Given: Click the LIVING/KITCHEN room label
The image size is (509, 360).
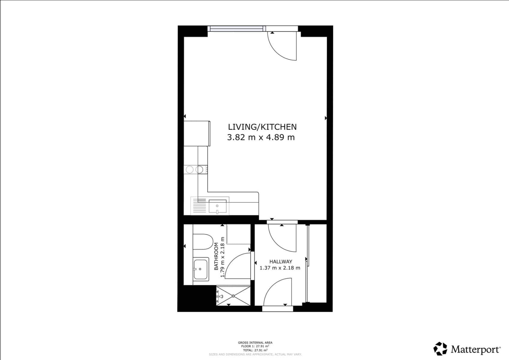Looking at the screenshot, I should coord(262,127).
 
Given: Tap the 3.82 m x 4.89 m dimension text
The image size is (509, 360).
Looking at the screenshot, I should coord(261,137).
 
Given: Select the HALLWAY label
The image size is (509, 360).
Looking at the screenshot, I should coord(280,262).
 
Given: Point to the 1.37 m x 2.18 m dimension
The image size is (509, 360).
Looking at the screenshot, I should coord(280,268).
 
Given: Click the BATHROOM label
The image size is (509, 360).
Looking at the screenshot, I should coord(216,256).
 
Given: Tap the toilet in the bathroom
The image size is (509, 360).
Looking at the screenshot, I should coord(202,242).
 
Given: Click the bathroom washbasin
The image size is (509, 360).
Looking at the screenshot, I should coord(200,269).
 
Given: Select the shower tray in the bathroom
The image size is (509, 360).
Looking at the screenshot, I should coord(233,296).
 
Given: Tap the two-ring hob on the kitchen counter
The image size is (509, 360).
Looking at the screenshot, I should coord(195,170).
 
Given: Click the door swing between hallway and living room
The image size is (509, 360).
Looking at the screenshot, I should coord(282,238).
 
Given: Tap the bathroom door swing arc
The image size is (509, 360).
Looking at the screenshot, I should coord(238,265).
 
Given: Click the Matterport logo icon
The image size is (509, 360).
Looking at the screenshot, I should coord(440,349).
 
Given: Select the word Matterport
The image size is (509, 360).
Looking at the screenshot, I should coord(475,349).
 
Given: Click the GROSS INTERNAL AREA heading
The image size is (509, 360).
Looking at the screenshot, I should coord(255,343).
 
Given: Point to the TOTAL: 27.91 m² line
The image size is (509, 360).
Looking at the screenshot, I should coord(255,350).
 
